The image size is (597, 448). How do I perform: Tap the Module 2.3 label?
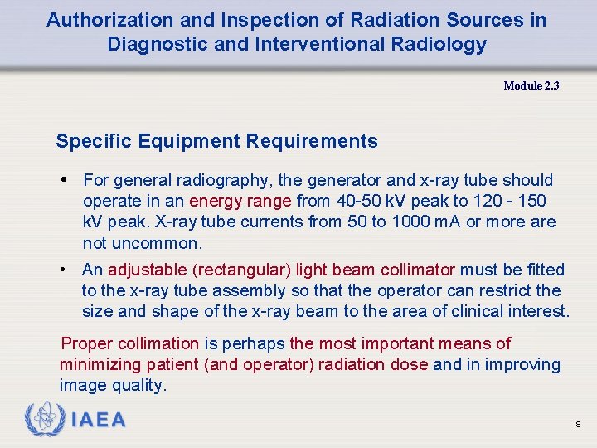tap(531, 85)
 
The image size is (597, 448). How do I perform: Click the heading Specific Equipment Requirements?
tap(216, 141)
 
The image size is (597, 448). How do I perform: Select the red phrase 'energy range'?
tap(240, 202)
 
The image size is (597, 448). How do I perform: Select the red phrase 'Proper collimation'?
tap(130, 343)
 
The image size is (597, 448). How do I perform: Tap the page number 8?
tap(578, 425)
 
